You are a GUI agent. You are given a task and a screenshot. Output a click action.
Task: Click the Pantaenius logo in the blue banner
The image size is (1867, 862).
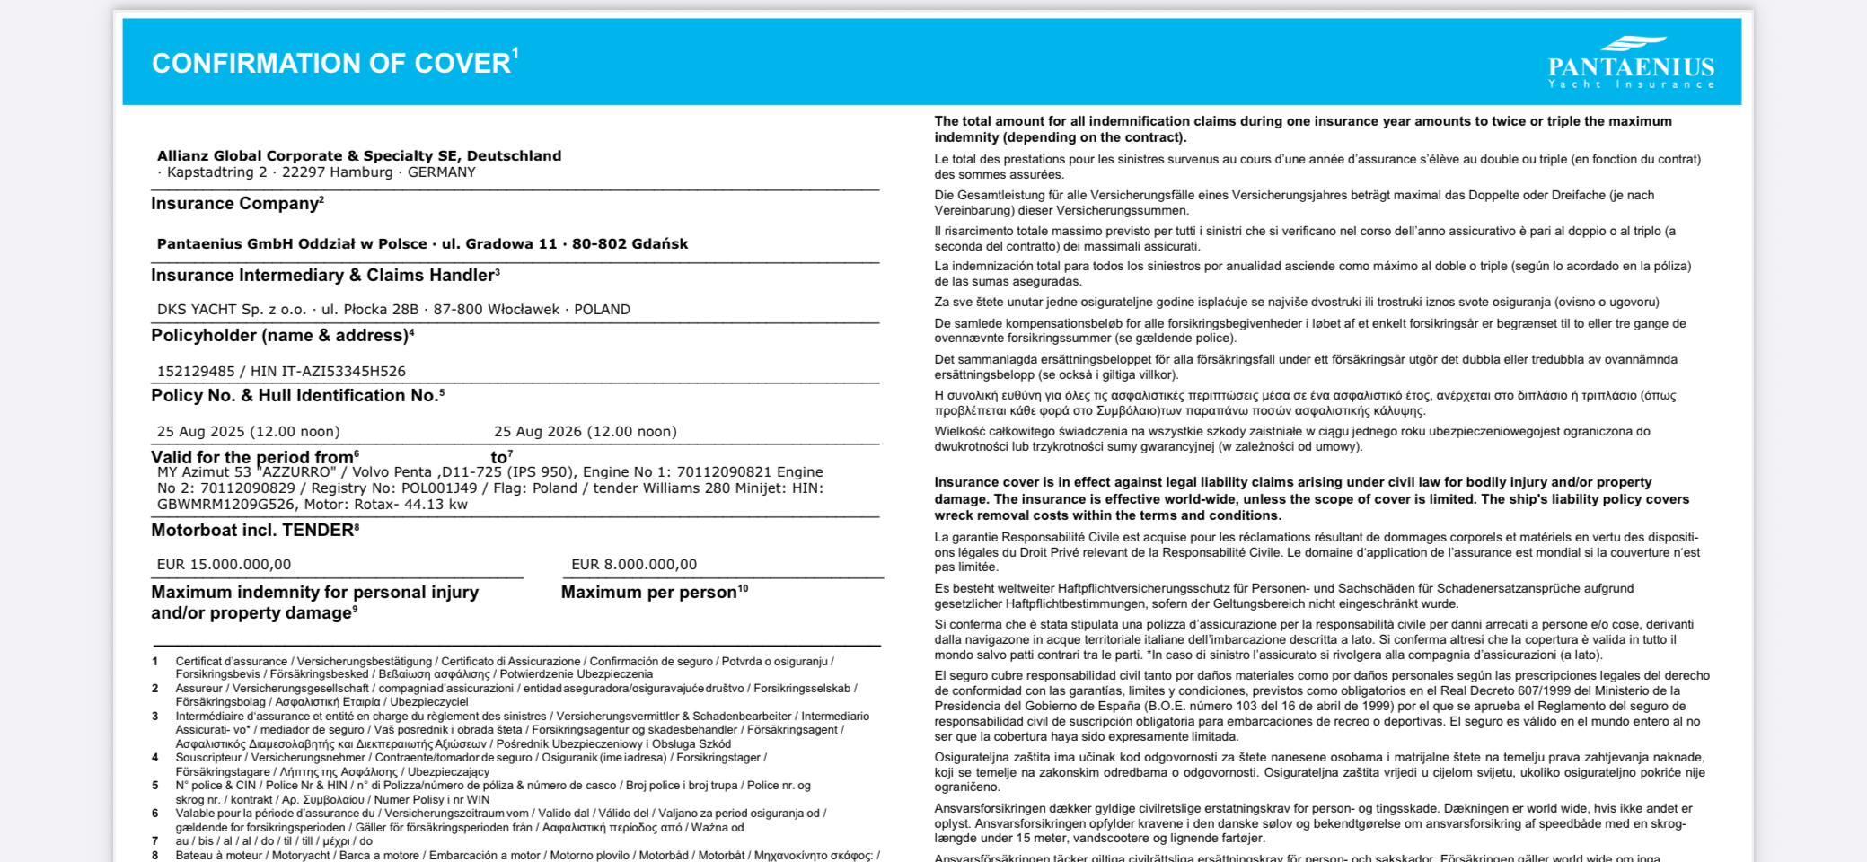click(x=1631, y=63)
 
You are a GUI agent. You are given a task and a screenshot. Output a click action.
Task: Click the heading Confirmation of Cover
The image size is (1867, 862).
click(x=331, y=64)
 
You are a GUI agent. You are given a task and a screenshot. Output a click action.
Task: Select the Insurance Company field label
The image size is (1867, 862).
click(x=234, y=204)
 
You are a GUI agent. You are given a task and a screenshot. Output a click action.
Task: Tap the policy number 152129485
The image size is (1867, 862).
click(x=196, y=371)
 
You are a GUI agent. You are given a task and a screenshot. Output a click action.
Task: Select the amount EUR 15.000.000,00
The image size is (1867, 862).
click(x=224, y=564)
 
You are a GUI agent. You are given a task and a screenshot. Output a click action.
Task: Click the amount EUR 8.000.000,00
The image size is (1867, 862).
click(x=634, y=564)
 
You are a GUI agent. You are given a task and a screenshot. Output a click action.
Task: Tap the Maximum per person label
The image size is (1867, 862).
click(x=649, y=593)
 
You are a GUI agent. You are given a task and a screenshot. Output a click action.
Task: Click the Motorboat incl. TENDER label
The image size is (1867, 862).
click(x=252, y=531)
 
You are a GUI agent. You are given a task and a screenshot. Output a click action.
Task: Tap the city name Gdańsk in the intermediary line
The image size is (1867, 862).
click(x=659, y=243)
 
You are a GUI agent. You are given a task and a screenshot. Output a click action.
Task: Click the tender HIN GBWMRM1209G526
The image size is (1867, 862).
click(x=225, y=505)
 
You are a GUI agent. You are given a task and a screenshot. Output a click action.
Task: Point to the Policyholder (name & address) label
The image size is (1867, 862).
click(x=279, y=336)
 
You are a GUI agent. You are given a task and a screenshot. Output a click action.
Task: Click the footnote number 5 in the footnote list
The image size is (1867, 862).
click(x=155, y=785)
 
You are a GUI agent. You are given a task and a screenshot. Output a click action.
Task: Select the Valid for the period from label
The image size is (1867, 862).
click(x=252, y=457)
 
